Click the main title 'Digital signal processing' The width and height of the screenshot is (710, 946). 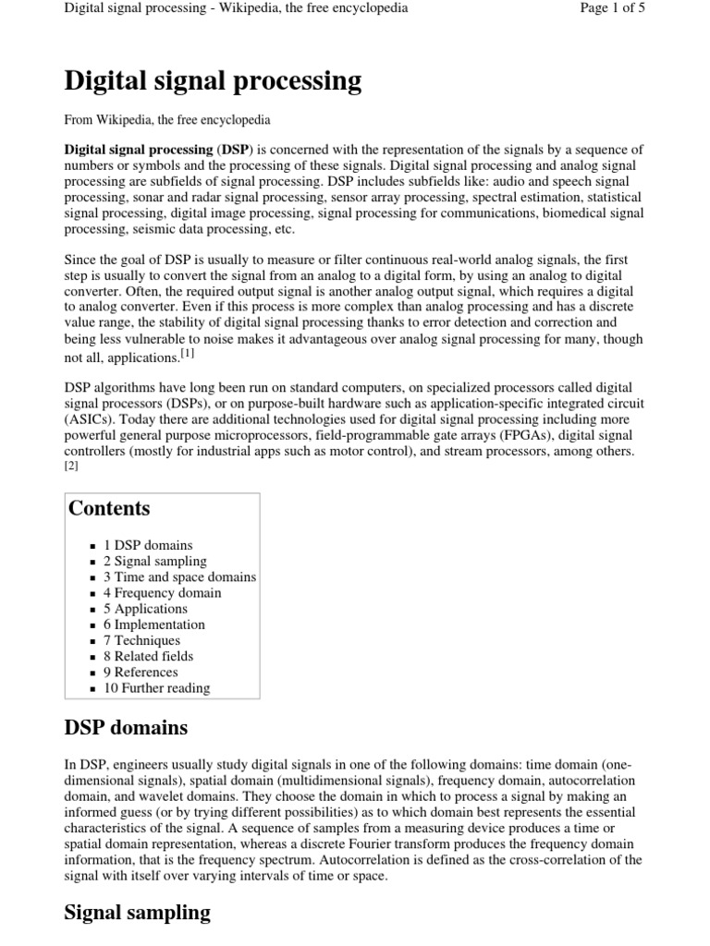click(x=213, y=82)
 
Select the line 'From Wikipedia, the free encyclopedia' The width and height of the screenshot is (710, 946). click(x=167, y=119)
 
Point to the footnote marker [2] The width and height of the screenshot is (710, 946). click(x=71, y=467)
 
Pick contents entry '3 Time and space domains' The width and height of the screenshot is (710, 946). click(x=179, y=576)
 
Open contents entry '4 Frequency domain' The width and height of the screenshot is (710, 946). click(x=162, y=592)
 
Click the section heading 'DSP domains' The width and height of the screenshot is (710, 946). click(x=126, y=728)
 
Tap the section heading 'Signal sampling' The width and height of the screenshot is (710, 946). click(x=137, y=913)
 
